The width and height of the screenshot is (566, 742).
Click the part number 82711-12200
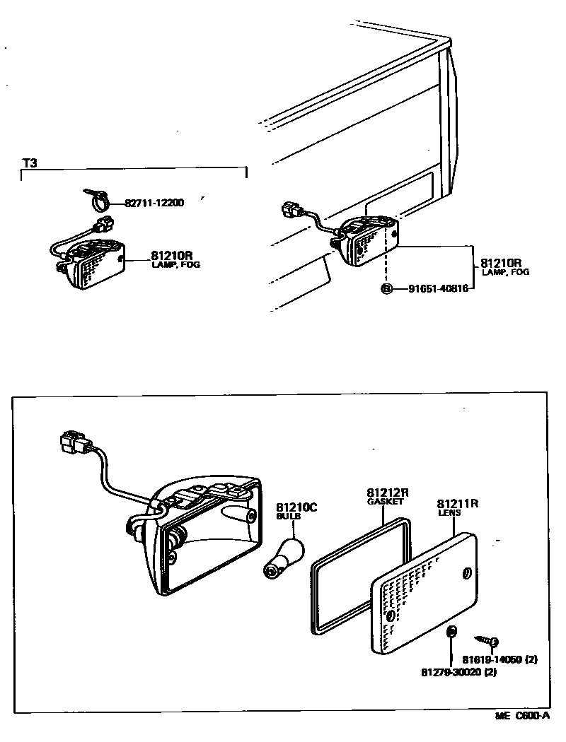(x=154, y=203)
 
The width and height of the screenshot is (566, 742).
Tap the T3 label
(x=29, y=163)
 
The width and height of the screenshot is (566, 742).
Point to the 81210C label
(x=296, y=507)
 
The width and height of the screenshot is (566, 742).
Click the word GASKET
(x=385, y=501)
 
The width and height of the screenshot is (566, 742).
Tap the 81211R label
(x=458, y=504)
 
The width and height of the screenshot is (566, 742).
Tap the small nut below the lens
(x=451, y=630)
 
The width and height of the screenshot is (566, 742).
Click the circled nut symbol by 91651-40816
(x=386, y=288)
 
